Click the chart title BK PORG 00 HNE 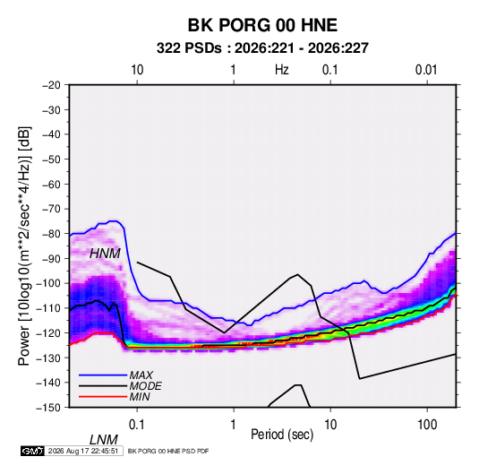(262, 25)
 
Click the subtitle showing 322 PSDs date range (262, 48)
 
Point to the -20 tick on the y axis (51, 85)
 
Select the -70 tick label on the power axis (51, 209)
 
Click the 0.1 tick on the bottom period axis (137, 425)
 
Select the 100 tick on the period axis (427, 425)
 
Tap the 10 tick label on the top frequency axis (137, 70)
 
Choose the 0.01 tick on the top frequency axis (426, 70)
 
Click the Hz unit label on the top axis (282, 70)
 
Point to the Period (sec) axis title (282, 435)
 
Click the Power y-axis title (24, 246)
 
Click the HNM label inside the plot (105, 254)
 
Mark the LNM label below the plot (104, 440)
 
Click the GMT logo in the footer (33, 451)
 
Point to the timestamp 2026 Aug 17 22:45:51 (83, 451)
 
